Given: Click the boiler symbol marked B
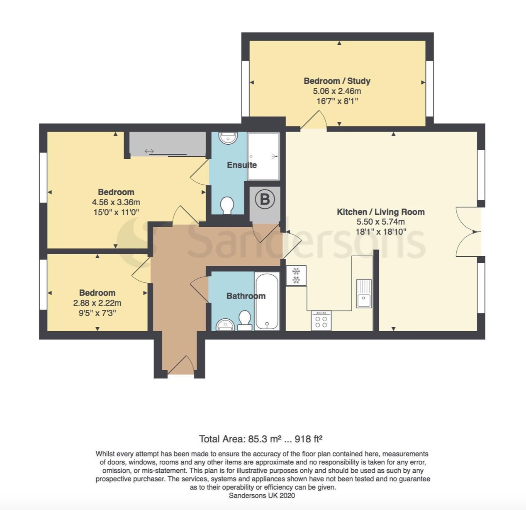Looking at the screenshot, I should (265, 199).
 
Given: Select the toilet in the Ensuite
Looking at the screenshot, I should (227, 205).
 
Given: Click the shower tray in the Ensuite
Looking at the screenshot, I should (263, 156).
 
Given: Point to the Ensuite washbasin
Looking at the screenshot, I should (227, 138).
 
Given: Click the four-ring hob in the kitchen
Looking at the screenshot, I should (321, 321).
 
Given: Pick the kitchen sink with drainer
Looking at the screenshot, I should (364, 294).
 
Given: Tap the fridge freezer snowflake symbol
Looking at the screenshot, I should (296, 276).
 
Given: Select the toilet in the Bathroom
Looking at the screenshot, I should (245, 321).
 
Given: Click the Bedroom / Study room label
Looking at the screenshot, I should (337, 81).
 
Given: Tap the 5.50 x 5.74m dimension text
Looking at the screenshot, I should (377, 222).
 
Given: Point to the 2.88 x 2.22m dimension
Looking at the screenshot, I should (97, 303).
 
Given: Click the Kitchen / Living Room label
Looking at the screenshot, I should (380, 212).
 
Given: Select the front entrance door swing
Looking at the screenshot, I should (181, 365).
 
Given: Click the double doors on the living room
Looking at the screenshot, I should (468, 231).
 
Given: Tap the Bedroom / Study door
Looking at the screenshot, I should (313, 121).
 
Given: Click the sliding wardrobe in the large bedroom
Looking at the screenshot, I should (168, 144).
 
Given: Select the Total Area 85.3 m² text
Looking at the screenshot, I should (261, 439).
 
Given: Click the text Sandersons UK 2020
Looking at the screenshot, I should (262, 495).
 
